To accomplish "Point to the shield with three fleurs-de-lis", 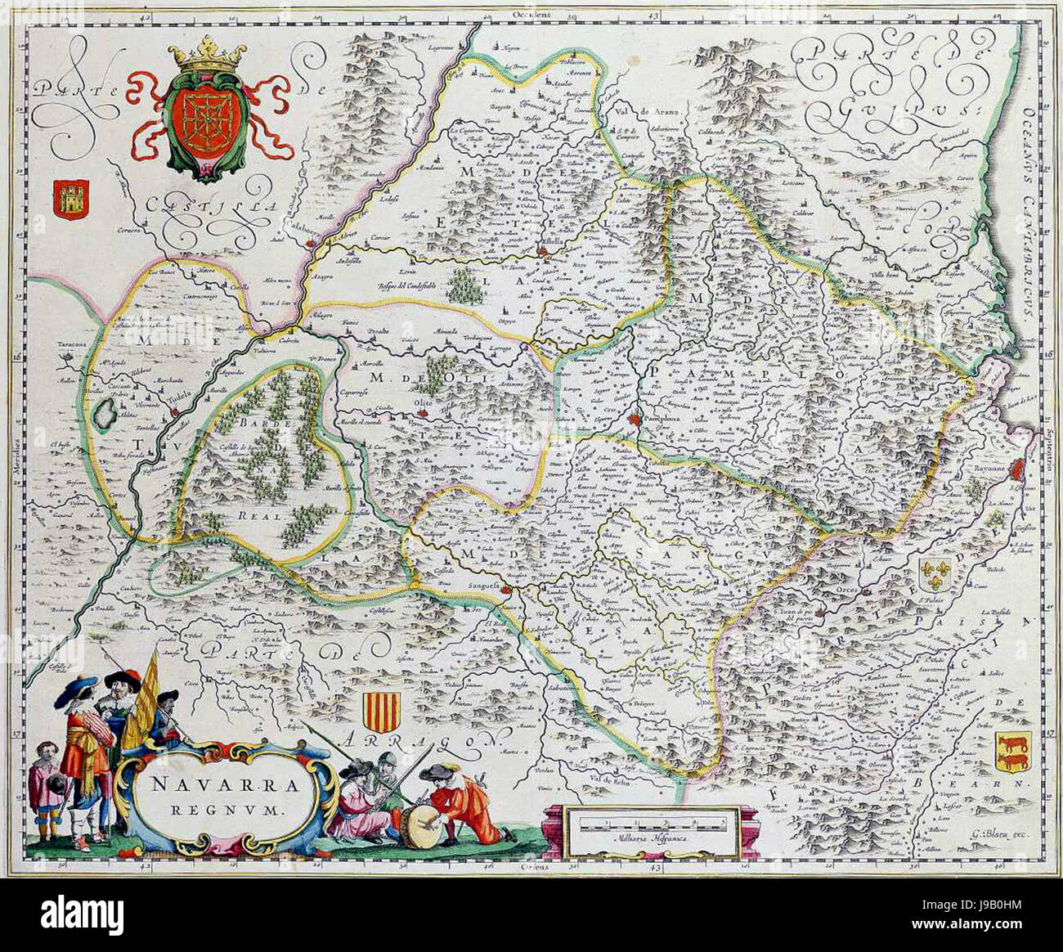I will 935,576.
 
